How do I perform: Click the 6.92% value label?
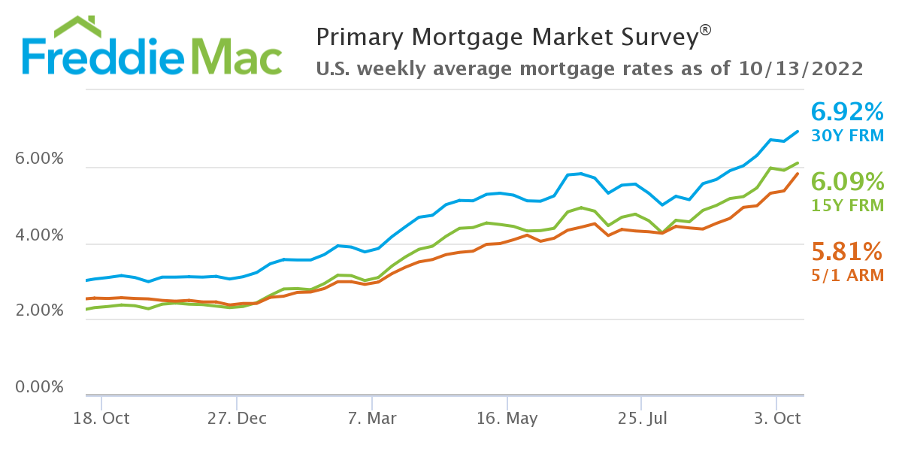point(847,113)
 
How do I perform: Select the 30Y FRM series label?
point(847,136)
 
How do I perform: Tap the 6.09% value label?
point(847,182)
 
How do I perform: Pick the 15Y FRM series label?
point(847,205)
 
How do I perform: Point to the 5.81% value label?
point(847,251)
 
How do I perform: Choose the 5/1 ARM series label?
point(847,275)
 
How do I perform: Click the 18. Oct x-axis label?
point(101,419)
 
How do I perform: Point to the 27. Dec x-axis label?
point(237,419)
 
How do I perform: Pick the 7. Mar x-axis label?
point(372,419)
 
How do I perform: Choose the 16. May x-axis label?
point(507,419)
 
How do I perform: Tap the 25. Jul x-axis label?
point(643,419)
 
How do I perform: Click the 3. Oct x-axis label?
point(777,419)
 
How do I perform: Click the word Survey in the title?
point(653,37)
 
